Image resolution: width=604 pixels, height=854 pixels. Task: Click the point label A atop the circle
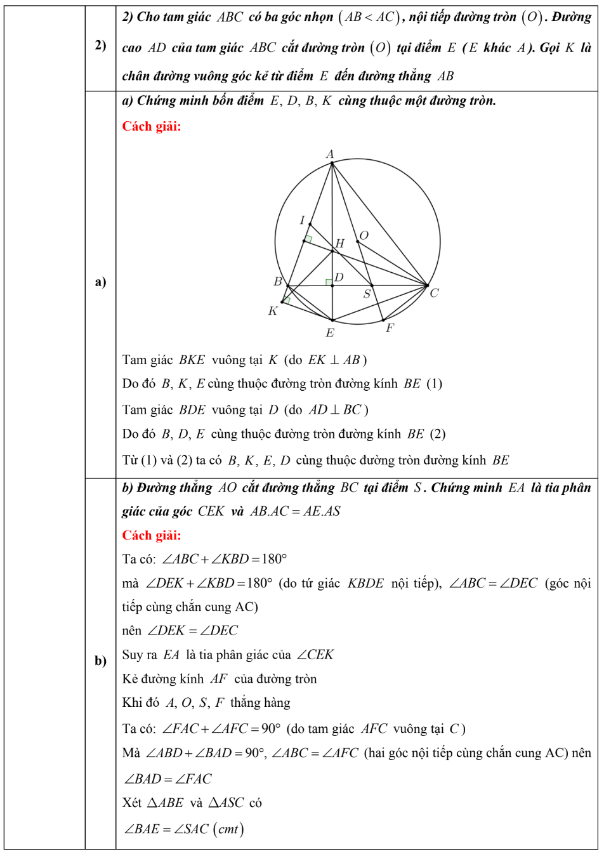[330, 154]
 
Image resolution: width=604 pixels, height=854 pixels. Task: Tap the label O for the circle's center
[364, 235]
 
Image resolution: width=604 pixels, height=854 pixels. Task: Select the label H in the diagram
[340, 243]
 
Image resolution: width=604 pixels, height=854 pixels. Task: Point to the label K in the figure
[273, 311]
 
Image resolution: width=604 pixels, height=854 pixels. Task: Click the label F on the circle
[390, 327]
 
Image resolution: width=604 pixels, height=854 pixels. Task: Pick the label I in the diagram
[303, 220]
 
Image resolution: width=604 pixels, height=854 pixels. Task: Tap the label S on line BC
[367, 294]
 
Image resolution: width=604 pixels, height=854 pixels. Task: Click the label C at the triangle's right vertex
[434, 293]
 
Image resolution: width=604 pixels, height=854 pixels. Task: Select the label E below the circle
[330, 332]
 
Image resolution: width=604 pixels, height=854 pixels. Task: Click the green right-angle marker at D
[329, 282]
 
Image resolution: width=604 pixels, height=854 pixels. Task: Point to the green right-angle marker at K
[287, 300]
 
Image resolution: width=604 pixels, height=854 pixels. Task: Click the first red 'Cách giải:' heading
[152, 126]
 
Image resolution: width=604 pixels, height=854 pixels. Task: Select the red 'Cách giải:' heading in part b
[152, 535]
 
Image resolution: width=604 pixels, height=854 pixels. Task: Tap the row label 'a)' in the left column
[100, 282]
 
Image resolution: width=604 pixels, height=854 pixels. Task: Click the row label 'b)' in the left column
[100, 660]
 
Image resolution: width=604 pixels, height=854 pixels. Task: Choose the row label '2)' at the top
[100, 45]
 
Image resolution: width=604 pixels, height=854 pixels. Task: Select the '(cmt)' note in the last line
[228, 829]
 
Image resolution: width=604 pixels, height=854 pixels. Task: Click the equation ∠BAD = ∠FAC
[167, 778]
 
